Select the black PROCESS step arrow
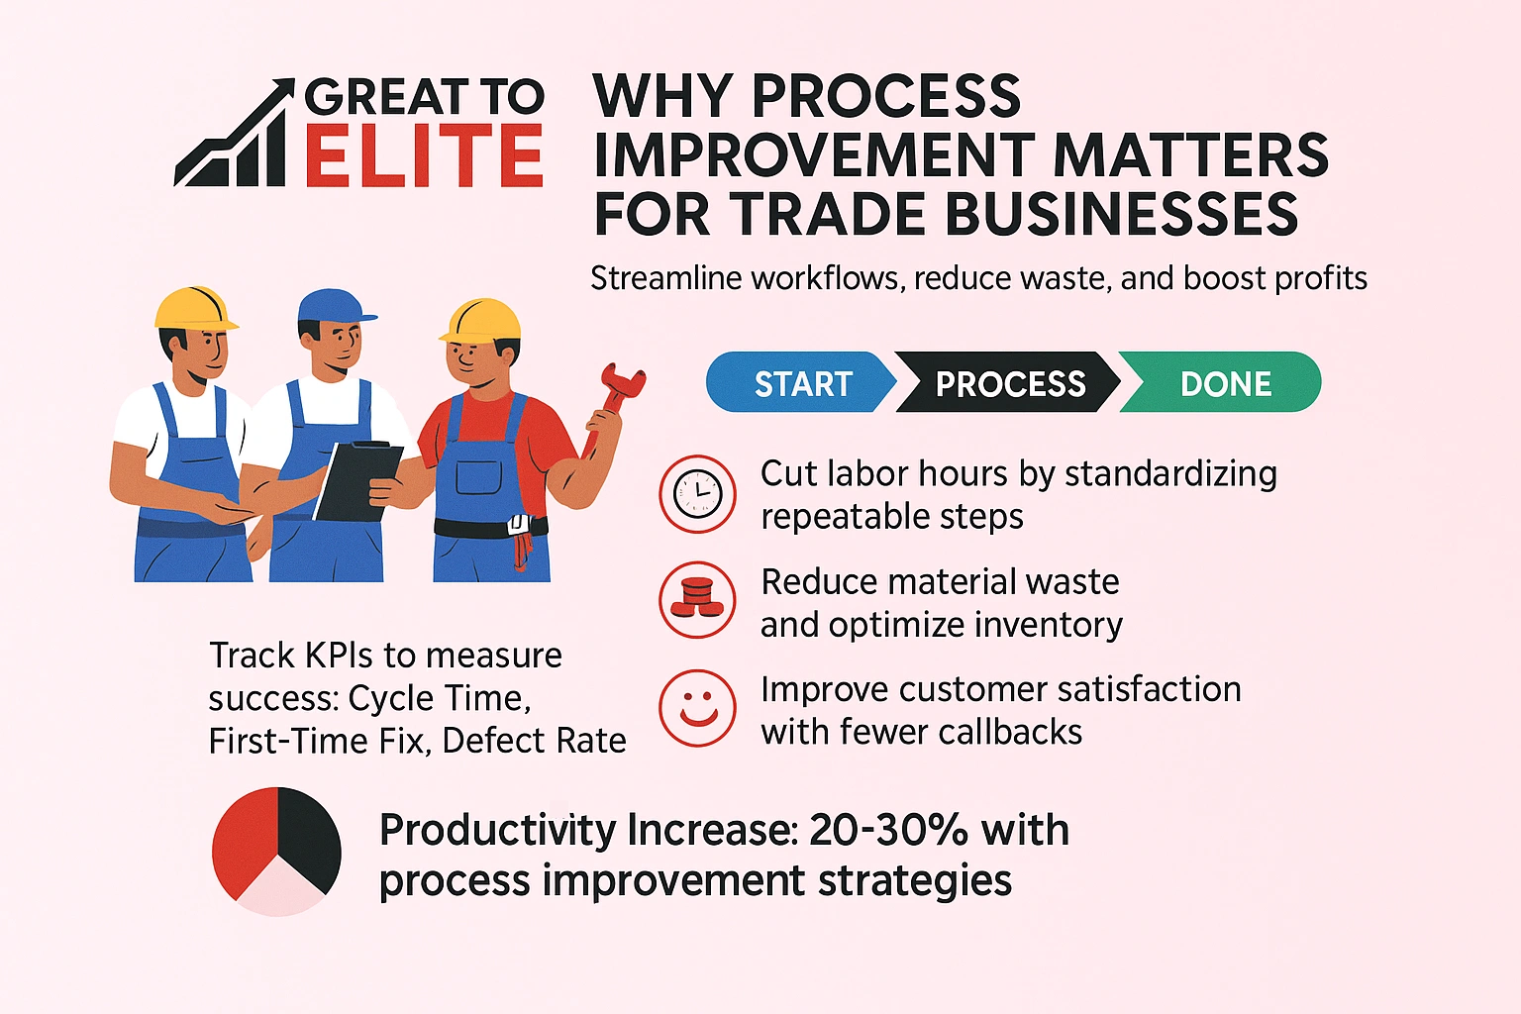tap(1009, 383)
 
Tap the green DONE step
tap(1225, 383)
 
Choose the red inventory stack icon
tap(698, 600)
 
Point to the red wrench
tap(616, 396)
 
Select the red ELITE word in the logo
tap(424, 156)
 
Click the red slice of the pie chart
tap(244, 837)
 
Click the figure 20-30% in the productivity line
tap(887, 830)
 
